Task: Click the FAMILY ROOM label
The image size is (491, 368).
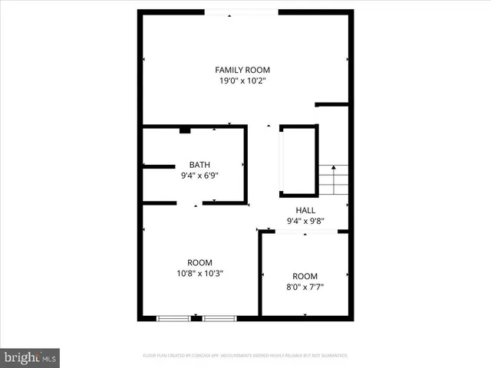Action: coord(242,70)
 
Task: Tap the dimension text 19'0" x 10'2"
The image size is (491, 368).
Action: coord(242,80)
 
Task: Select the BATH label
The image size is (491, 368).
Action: coord(199,164)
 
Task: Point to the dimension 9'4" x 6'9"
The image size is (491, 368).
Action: coord(199,174)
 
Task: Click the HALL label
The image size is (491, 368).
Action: coord(305,211)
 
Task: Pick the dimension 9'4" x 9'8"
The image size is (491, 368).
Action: coord(305,221)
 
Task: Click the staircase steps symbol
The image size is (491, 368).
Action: coord(333,181)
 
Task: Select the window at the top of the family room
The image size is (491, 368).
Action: coord(242,11)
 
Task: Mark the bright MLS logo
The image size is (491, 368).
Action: coord(31,357)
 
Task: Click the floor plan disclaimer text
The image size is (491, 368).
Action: coord(245,356)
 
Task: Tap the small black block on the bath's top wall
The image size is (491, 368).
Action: coord(185,130)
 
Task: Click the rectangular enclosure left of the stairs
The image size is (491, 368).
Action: coord(298,159)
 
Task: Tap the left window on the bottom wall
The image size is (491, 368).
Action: coord(174,317)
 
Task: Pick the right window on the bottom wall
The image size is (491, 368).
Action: coord(220,317)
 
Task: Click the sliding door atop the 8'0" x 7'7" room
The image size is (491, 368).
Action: coord(304,232)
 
